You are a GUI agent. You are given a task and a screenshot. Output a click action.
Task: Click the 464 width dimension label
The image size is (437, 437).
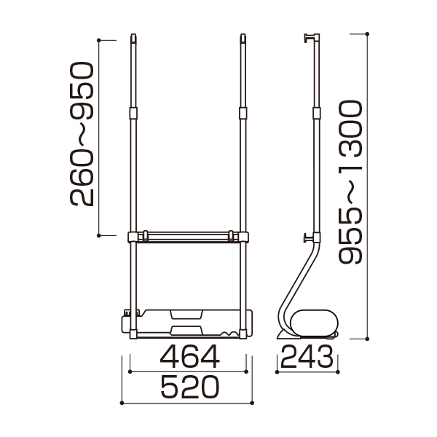[x=190, y=356]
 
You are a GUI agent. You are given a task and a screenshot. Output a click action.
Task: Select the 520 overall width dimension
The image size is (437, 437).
[x=190, y=387]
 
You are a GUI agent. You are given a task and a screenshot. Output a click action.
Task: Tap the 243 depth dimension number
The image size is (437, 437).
[x=307, y=356]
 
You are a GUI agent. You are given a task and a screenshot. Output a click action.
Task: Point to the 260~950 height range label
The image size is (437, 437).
[x=82, y=134]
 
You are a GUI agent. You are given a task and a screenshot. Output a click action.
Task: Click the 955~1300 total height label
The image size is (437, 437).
[x=350, y=182]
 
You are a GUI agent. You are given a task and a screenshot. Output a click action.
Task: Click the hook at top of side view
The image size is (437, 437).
[x=309, y=38]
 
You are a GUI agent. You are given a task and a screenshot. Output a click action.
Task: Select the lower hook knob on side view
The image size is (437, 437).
[x=308, y=238]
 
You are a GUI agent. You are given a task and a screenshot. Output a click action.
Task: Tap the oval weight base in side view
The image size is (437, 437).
[x=314, y=323]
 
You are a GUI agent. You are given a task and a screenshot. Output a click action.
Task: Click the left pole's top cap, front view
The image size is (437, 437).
[x=133, y=39]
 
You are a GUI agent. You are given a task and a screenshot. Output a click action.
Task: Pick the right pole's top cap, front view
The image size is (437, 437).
[x=243, y=39]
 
